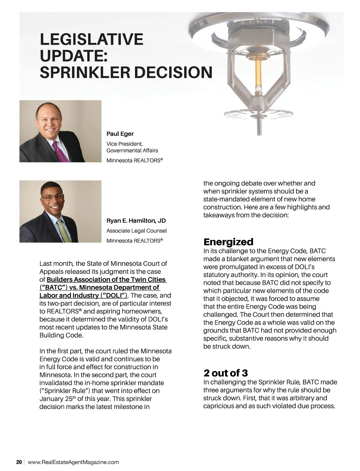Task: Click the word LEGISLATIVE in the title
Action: coord(91,39)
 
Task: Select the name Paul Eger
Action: coord(120,134)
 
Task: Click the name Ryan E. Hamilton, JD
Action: coord(136,221)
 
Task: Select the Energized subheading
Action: coord(228,242)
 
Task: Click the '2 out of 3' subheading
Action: coord(225,373)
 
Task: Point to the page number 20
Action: coord(19,462)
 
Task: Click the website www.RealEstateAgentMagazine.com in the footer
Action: coord(73,462)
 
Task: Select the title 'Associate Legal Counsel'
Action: coord(136,231)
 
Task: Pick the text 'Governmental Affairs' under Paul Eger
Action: coord(132,151)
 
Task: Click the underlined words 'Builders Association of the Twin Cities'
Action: coord(106,280)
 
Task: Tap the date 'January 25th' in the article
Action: coord(57,399)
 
